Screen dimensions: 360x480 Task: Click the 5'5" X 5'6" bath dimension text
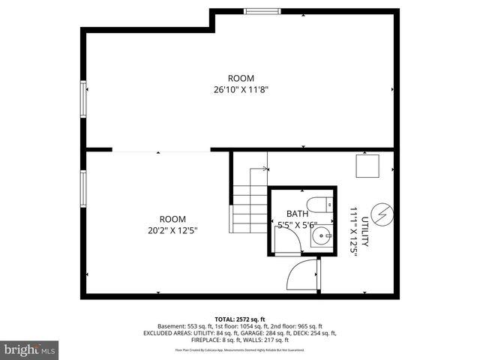(297, 224)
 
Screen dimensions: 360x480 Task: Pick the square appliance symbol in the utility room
(367, 166)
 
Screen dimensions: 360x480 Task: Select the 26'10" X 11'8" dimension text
(241, 89)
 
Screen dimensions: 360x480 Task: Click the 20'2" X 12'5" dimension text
(172, 230)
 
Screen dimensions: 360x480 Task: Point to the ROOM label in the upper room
(241, 78)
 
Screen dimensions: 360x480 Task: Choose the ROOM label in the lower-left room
(172, 219)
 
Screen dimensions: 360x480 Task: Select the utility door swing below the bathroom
(301, 274)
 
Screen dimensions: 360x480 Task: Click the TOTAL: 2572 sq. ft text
(241, 319)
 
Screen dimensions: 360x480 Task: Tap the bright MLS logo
(30, 349)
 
